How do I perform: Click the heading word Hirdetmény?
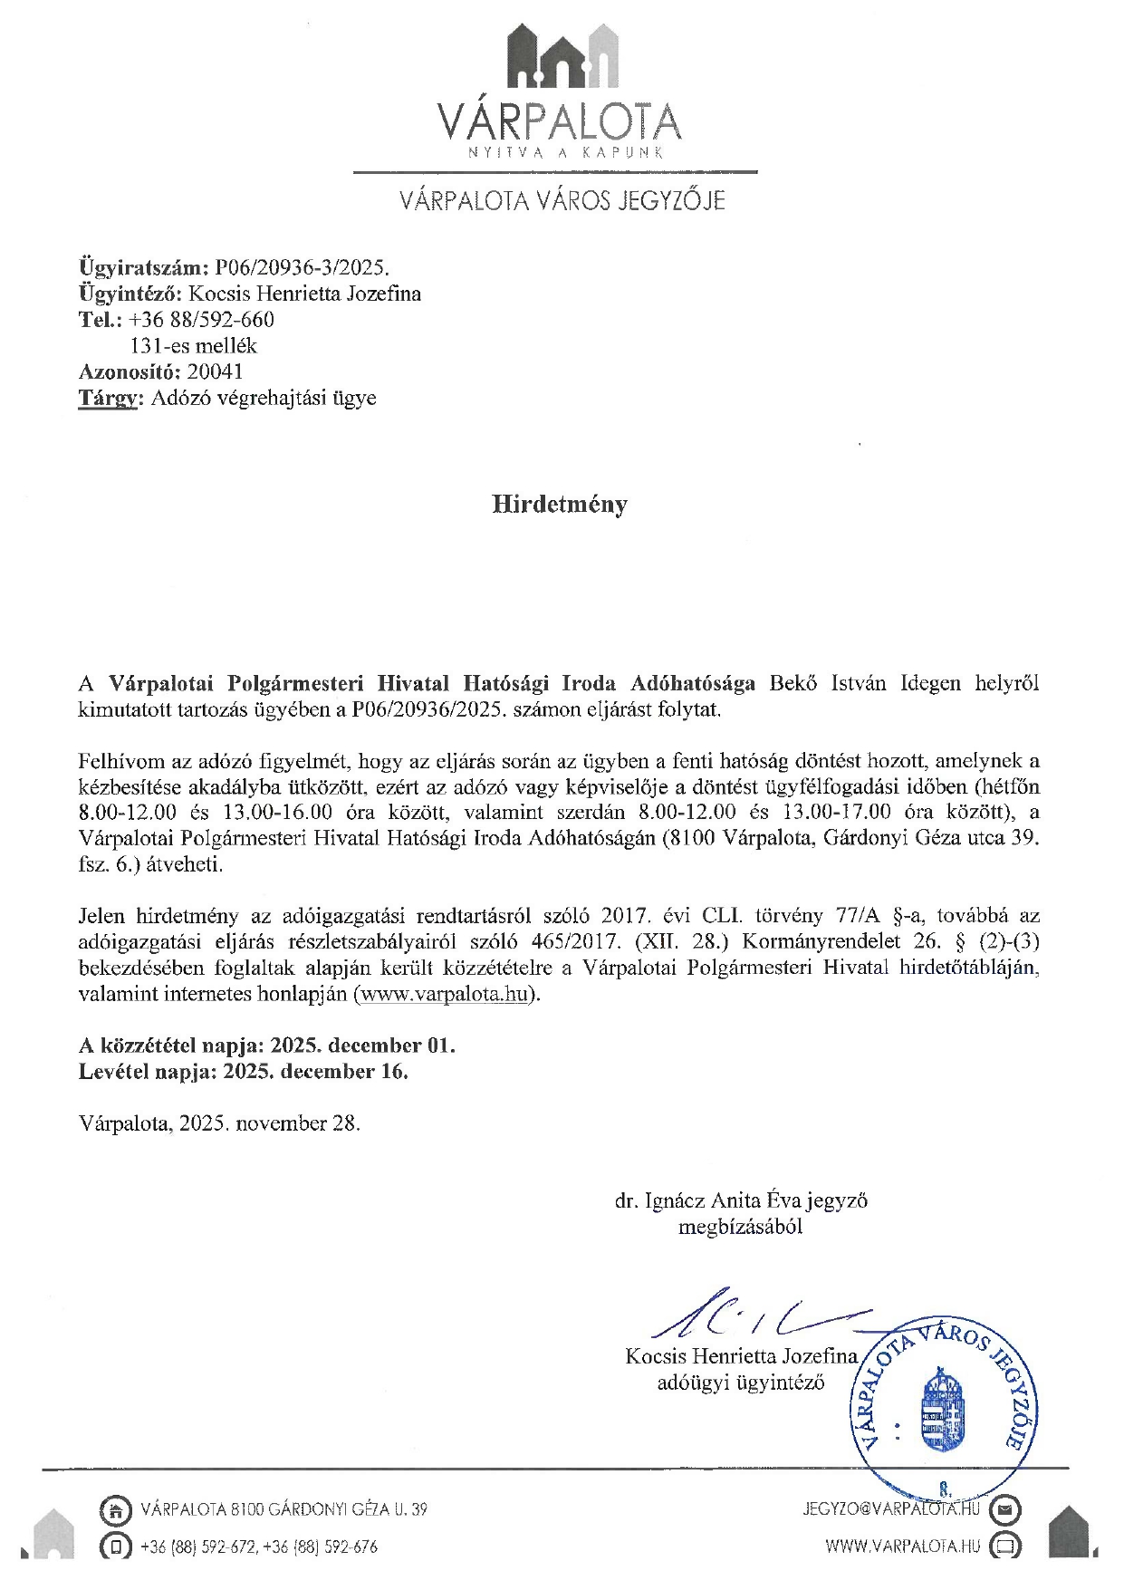pyautogui.click(x=559, y=504)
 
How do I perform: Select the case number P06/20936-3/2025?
pyautogui.click(x=301, y=267)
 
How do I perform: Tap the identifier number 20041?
pyautogui.click(x=215, y=371)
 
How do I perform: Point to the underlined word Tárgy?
pyautogui.click(x=107, y=398)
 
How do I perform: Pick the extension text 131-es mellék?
pyautogui.click(x=194, y=345)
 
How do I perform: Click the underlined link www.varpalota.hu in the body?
pyautogui.click(x=444, y=993)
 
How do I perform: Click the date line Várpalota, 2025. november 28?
pyautogui.click(x=219, y=1123)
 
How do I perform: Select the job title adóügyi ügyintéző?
pyautogui.click(x=740, y=1383)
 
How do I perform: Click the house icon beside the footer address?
pyautogui.click(x=114, y=1509)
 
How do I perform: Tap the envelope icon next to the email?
pyautogui.click(x=1005, y=1509)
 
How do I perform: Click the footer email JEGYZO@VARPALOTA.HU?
pyautogui.click(x=891, y=1508)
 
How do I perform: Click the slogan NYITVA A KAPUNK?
pyautogui.click(x=565, y=152)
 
